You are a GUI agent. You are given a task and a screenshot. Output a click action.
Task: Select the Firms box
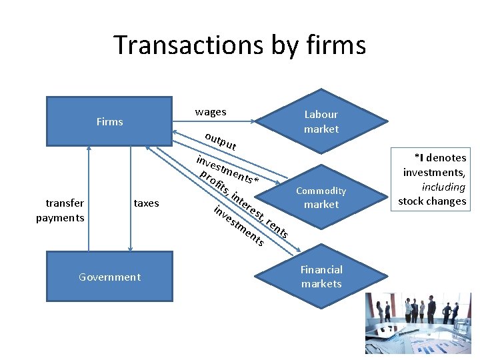click(109, 121)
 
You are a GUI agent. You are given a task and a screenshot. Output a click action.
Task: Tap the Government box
click(109, 277)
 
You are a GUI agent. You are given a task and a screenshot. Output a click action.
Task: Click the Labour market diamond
click(321, 121)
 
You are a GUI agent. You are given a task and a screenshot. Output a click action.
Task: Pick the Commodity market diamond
click(321, 197)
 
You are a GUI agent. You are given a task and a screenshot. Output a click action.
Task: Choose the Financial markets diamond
click(321, 277)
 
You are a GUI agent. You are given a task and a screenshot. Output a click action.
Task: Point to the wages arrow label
click(210, 112)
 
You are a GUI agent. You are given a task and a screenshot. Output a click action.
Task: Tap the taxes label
click(147, 203)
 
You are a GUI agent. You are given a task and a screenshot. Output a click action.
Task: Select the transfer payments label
click(60, 210)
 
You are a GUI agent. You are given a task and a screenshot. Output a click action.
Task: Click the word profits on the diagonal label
click(215, 184)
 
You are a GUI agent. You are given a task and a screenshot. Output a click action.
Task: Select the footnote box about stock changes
click(432, 179)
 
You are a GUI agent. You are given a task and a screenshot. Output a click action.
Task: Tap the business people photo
click(418, 324)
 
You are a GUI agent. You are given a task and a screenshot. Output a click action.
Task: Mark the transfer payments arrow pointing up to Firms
click(88, 193)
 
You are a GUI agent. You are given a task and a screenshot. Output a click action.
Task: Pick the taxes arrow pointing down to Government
click(130, 193)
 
